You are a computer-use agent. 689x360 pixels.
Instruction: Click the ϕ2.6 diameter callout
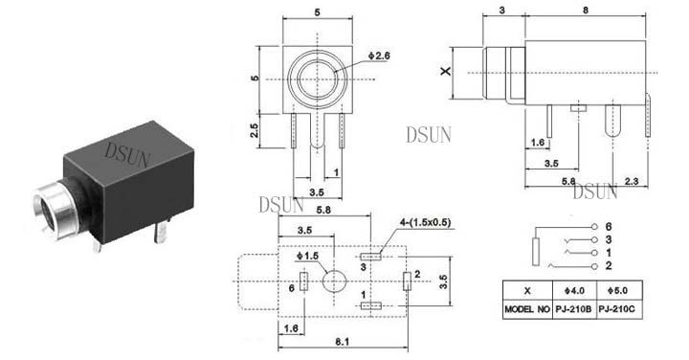(379, 56)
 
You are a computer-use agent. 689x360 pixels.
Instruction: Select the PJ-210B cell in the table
(574, 309)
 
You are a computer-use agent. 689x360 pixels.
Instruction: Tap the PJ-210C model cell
(617, 309)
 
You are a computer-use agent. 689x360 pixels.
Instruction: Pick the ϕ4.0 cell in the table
(574, 290)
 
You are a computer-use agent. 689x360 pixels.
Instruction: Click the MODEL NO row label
(527, 309)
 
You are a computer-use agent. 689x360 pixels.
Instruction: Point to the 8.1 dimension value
(342, 341)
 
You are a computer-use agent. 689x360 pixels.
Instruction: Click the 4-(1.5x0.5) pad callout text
(425, 222)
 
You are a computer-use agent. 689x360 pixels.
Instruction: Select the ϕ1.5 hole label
(307, 256)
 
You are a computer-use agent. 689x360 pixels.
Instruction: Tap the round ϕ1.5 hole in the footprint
(334, 281)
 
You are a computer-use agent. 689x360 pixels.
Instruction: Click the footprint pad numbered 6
(303, 281)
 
